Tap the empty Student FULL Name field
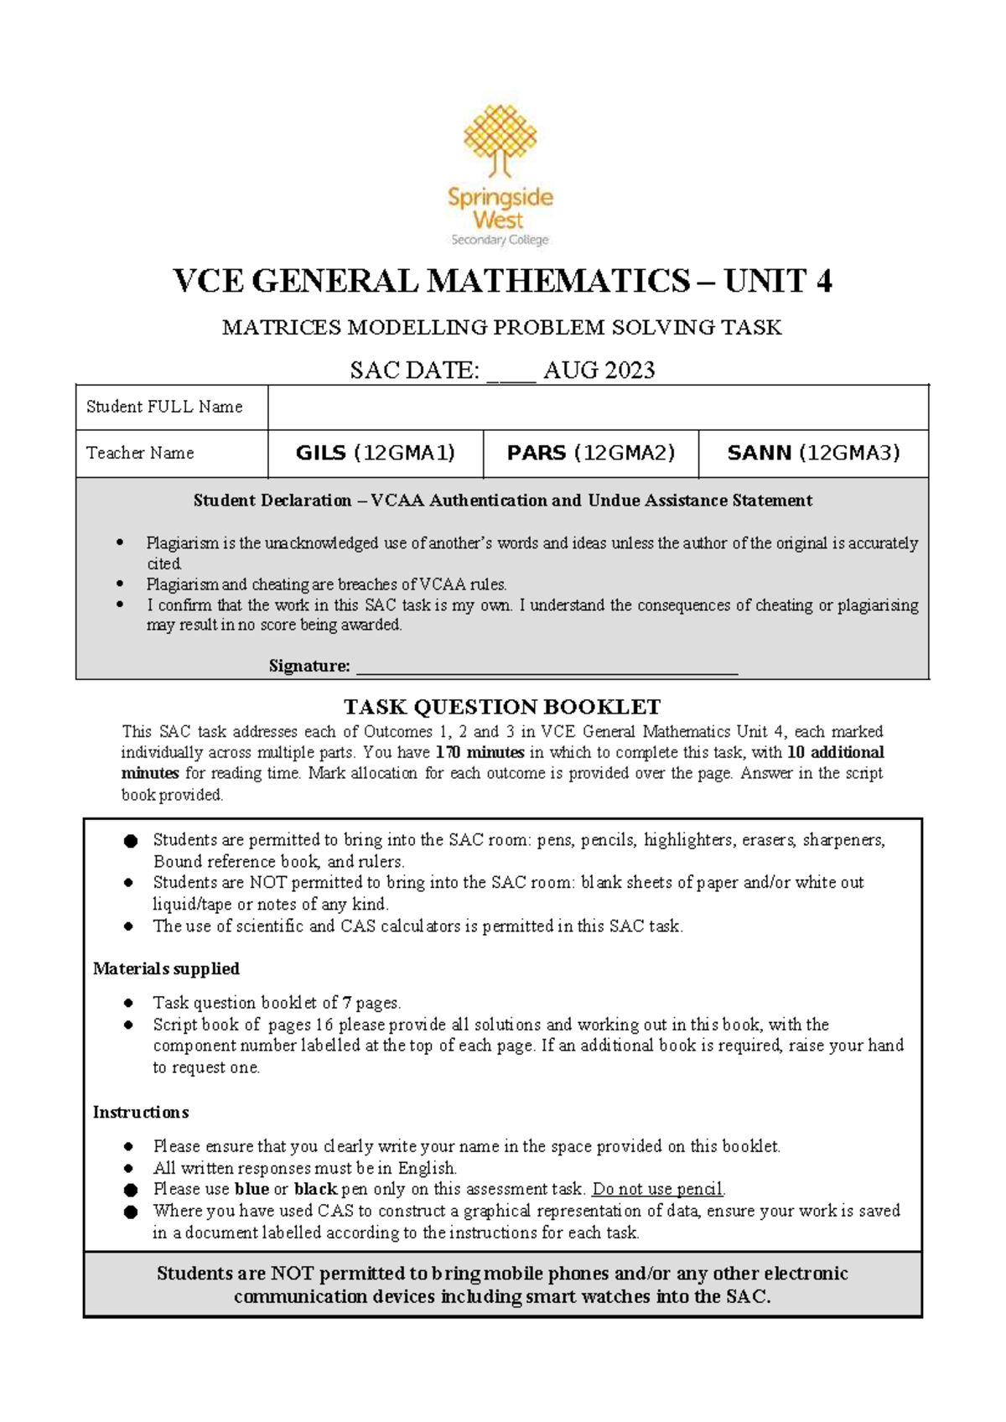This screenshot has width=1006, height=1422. click(x=598, y=407)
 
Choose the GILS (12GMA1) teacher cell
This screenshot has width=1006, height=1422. click(x=375, y=454)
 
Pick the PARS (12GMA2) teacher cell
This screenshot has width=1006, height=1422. click(x=590, y=454)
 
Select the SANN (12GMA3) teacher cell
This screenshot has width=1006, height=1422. click(x=813, y=454)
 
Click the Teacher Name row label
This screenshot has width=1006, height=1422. click(x=140, y=454)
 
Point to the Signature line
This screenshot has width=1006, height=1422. click(x=547, y=668)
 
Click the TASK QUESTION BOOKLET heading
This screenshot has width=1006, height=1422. click(x=502, y=707)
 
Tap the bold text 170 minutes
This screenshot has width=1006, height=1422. click(x=480, y=753)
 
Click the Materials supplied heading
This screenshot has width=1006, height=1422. click(x=166, y=969)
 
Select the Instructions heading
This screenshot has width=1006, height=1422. click(x=140, y=1113)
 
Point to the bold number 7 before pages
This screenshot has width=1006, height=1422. click(x=347, y=1003)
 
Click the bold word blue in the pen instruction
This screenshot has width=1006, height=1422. click(x=251, y=1190)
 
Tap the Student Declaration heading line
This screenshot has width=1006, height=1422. click(x=502, y=501)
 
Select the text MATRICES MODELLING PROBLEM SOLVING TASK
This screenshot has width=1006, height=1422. click(x=501, y=328)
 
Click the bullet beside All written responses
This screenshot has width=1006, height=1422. click(x=128, y=1169)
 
